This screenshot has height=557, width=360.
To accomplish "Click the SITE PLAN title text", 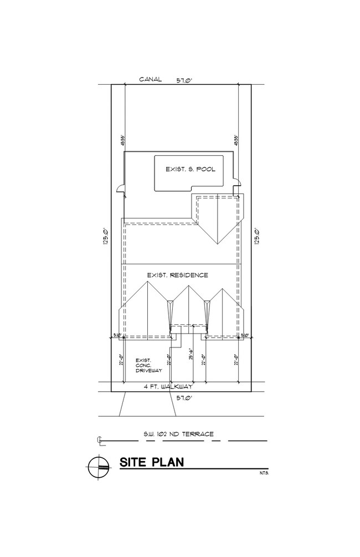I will (152, 463).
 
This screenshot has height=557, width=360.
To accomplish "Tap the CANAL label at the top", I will (150, 79).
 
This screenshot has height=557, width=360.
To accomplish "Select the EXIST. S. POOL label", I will (190, 170).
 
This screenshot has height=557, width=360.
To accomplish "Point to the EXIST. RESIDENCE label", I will (177, 275).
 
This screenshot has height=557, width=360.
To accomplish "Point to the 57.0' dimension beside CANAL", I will (184, 80).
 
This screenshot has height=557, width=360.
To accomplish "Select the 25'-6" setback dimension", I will (189, 355).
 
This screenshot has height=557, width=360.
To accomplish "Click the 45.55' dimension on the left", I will (121, 141).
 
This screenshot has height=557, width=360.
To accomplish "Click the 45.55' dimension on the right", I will (237, 141).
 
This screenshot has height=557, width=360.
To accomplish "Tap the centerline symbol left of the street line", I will (99, 441).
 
